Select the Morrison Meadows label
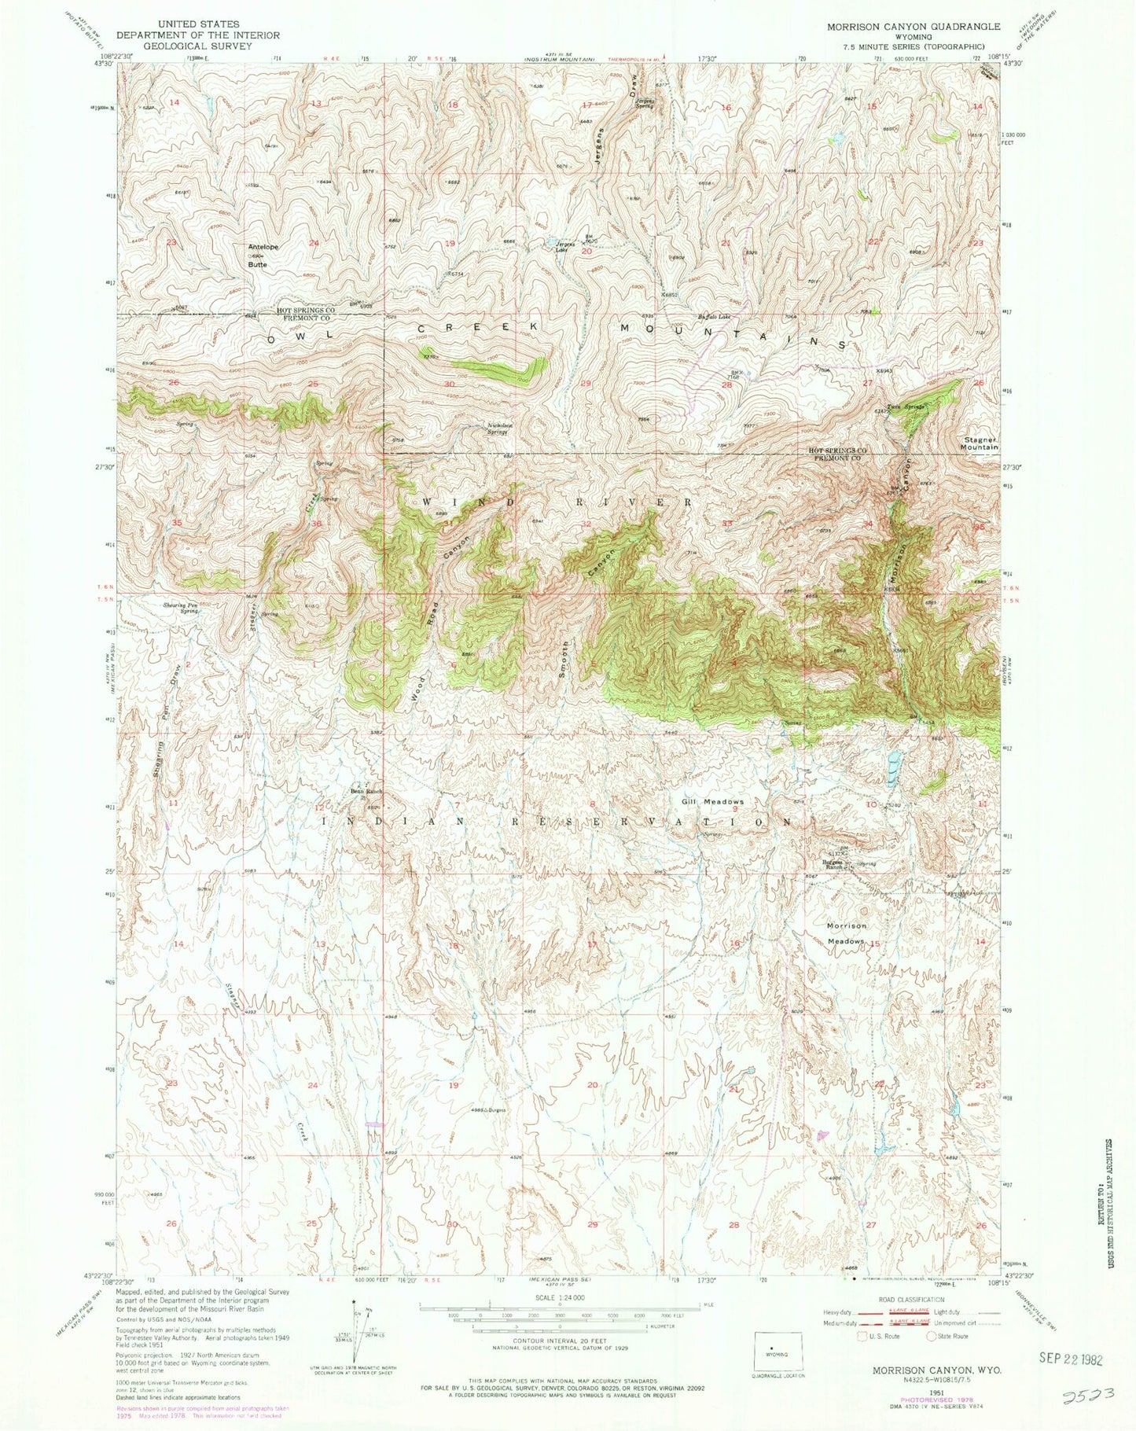click(x=846, y=933)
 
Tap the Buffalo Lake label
click(x=714, y=318)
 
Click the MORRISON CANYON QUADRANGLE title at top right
click(x=913, y=26)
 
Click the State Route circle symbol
click(x=932, y=1335)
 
